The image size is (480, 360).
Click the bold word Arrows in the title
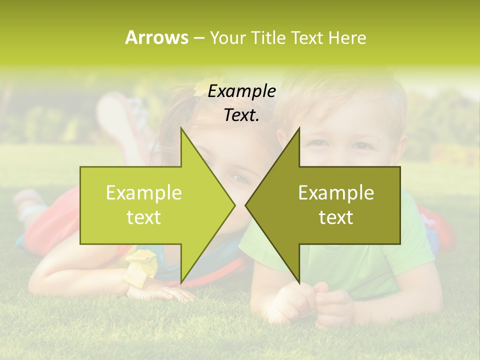(156, 37)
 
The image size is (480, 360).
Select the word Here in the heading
(347, 37)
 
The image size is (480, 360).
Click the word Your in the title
(228, 37)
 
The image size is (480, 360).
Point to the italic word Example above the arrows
(241, 91)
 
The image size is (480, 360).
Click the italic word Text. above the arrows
(241, 115)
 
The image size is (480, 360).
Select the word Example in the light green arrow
(144, 192)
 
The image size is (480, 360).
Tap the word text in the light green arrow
(144, 217)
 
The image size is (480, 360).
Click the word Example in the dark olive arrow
(336, 192)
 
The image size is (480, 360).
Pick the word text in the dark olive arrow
(336, 217)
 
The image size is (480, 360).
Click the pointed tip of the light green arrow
(234, 205)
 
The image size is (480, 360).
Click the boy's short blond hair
(350, 95)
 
